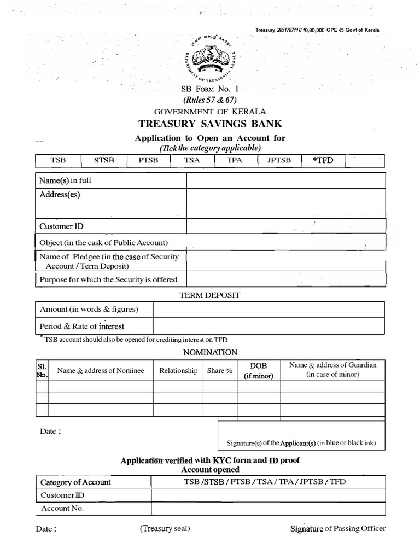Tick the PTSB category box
coord(148,161)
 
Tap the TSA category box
coord(192,161)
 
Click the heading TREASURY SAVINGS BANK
coord(210,124)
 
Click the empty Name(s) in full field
coord(286,180)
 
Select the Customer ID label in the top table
coord(61,226)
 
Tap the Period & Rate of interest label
coord(82,326)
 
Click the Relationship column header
coord(178,371)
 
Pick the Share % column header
coord(219,371)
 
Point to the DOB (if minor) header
coord(258,370)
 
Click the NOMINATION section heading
coord(210,353)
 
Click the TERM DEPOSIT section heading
coord(210,295)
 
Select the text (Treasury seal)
coord(165,528)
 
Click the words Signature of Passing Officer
coord(337,528)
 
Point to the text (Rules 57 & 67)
coord(210,100)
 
